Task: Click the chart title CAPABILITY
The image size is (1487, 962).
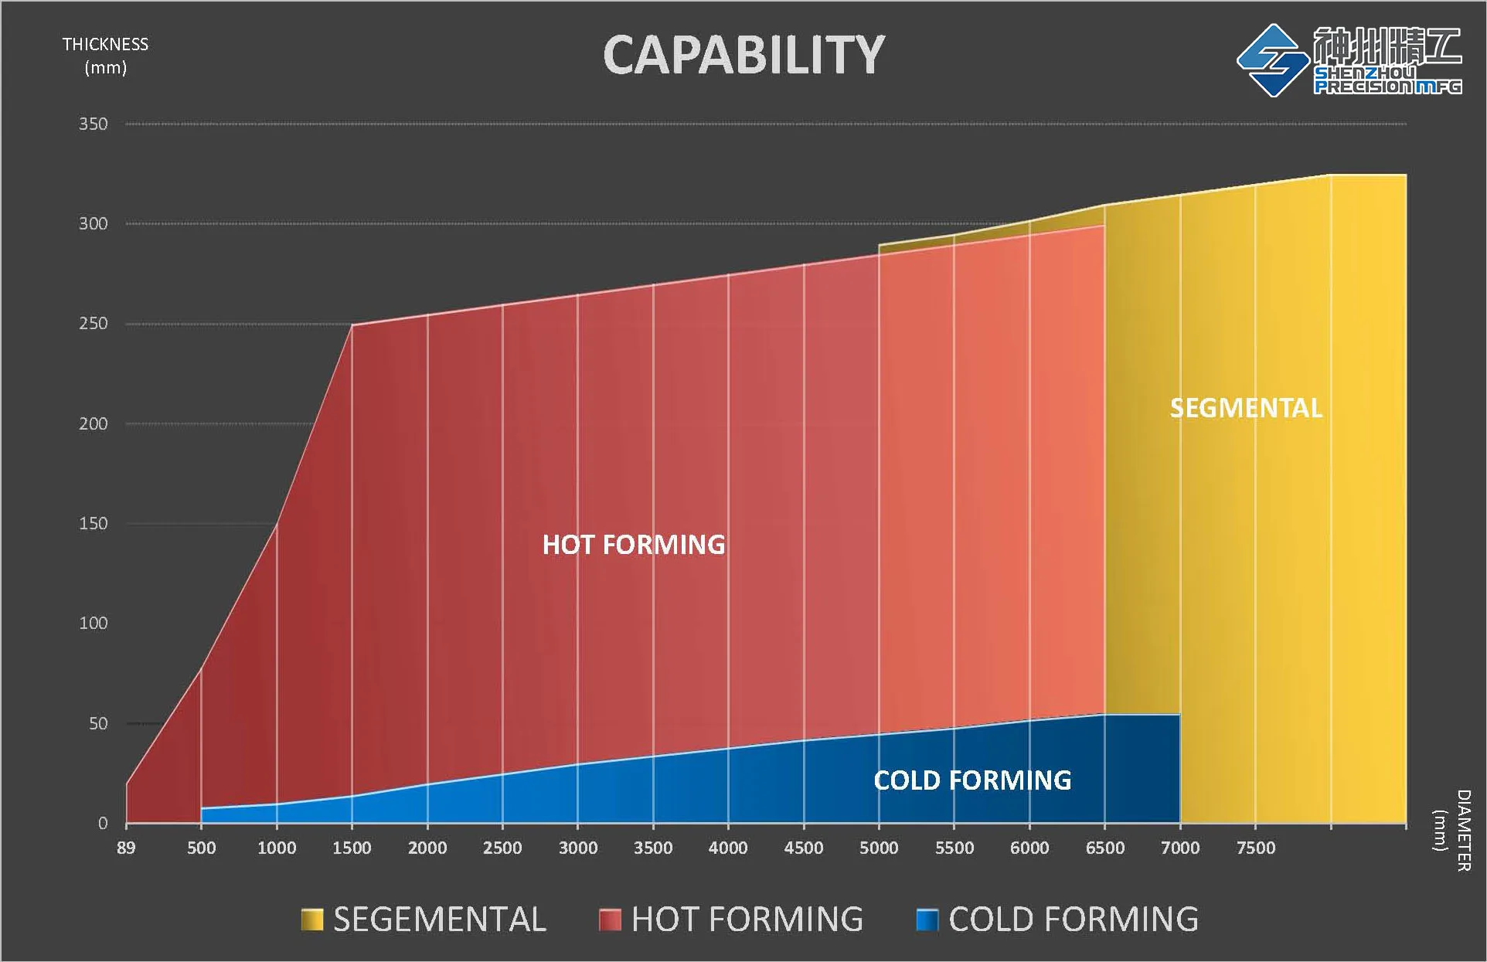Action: pyautogui.click(x=743, y=56)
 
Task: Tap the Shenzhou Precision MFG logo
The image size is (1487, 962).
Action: pyautogui.click(x=1349, y=60)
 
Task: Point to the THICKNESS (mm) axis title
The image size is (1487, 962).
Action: pyautogui.click(x=105, y=56)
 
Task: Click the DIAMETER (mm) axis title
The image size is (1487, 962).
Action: pyautogui.click(x=1452, y=830)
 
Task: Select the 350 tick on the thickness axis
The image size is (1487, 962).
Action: pyautogui.click(x=94, y=124)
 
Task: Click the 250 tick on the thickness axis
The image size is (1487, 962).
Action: pyautogui.click(x=94, y=324)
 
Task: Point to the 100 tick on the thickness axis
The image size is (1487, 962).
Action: pyautogui.click(x=94, y=624)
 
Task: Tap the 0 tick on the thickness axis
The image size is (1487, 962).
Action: pyautogui.click(x=102, y=824)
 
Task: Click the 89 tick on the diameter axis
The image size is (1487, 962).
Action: pyautogui.click(x=126, y=848)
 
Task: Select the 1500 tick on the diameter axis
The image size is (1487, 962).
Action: pyautogui.click(x=352, y=848)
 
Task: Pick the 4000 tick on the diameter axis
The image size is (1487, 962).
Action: pyautogui.click(x=728, y=848)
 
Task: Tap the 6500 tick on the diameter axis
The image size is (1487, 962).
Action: pyautogui.click(x=1104, y=848)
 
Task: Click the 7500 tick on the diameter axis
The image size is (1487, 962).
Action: pyautogui.click(x=1255, y=848)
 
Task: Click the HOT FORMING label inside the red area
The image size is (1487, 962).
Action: pyautogui.click(x=634, y=545)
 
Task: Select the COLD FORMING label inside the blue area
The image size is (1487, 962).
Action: pyautogui.click(x=972, y=780)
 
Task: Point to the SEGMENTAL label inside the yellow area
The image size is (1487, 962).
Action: pyautogui.click(x=1246, y=408)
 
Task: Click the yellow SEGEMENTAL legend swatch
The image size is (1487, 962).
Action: pyautogui.click(x=312, y=920)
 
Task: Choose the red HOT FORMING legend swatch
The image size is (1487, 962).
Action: pyautogui.click(x=610, y=920)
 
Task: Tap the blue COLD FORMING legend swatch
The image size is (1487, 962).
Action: pyautogui.click(x=927, y=920)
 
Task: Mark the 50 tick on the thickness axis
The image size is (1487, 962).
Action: pyautogui.click(x=98, y=724)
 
